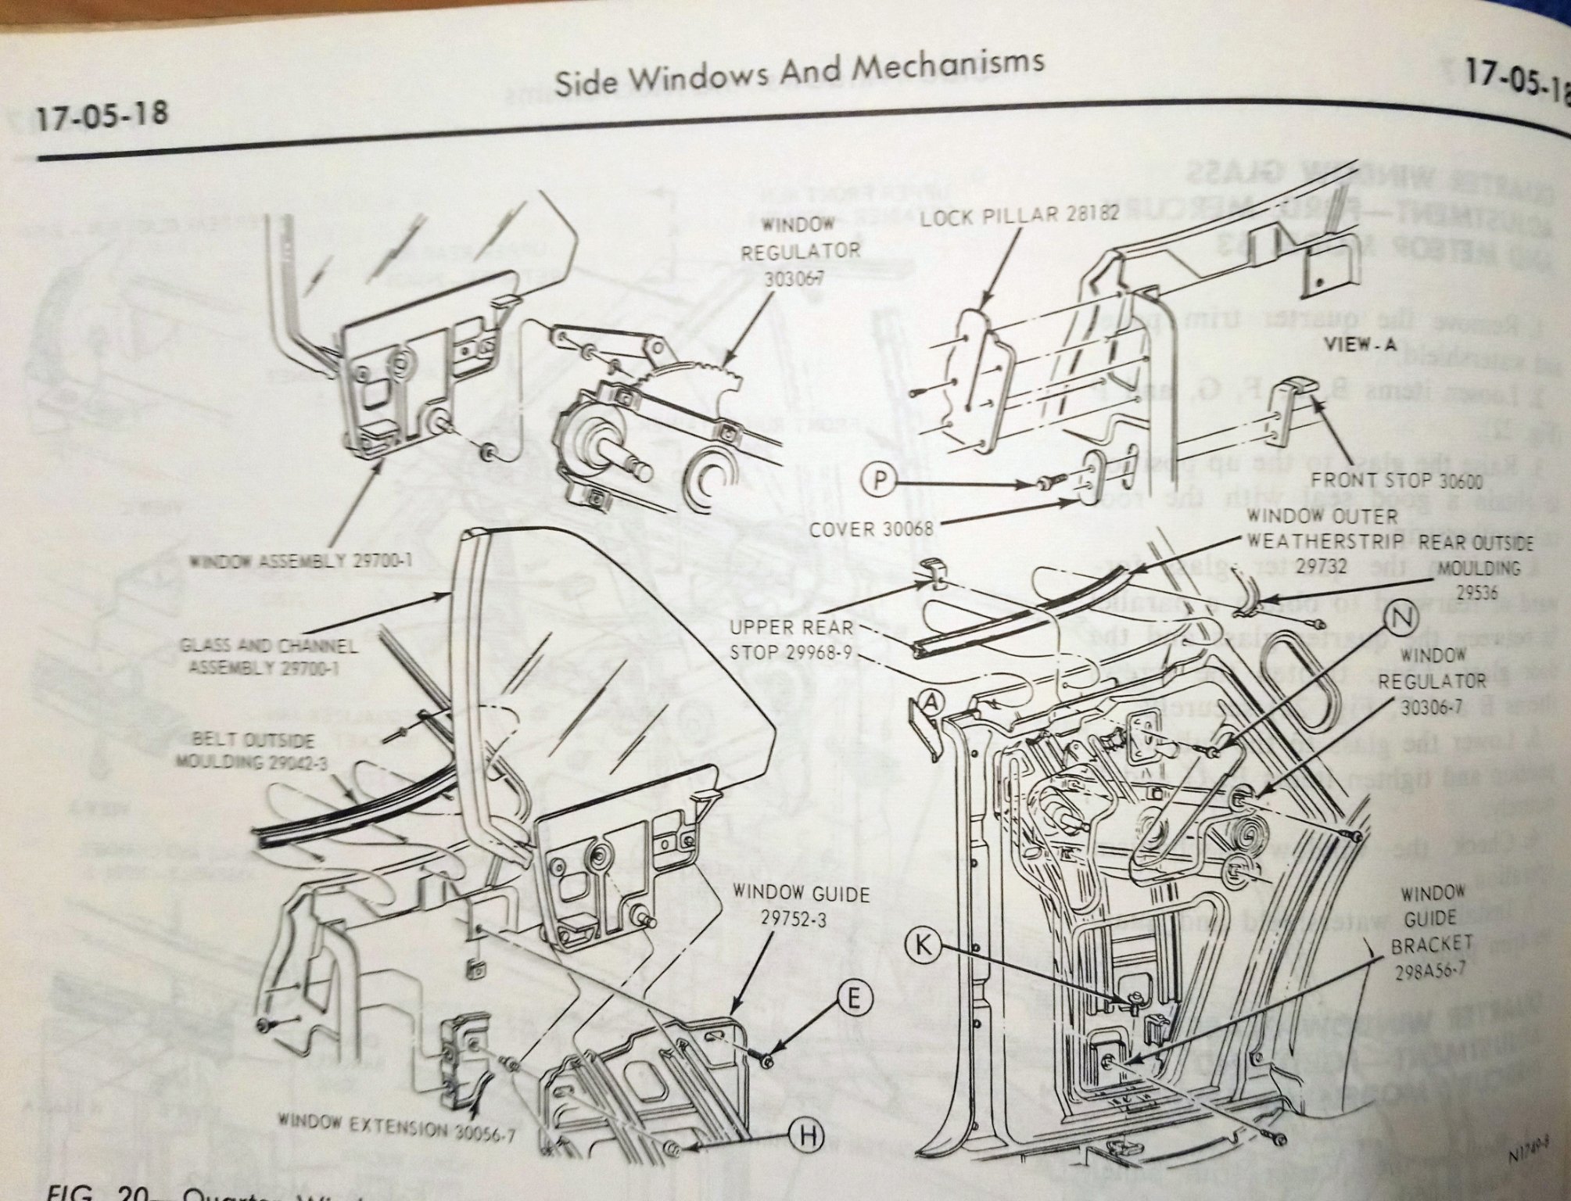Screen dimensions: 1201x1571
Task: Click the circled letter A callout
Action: pyautogui.click(x=930, y=704)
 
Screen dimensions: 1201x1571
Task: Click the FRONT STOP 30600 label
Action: pyautogui.click(x=1397, y=480)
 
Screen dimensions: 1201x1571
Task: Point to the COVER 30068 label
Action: pyautogui.click(x=871, y=529)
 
